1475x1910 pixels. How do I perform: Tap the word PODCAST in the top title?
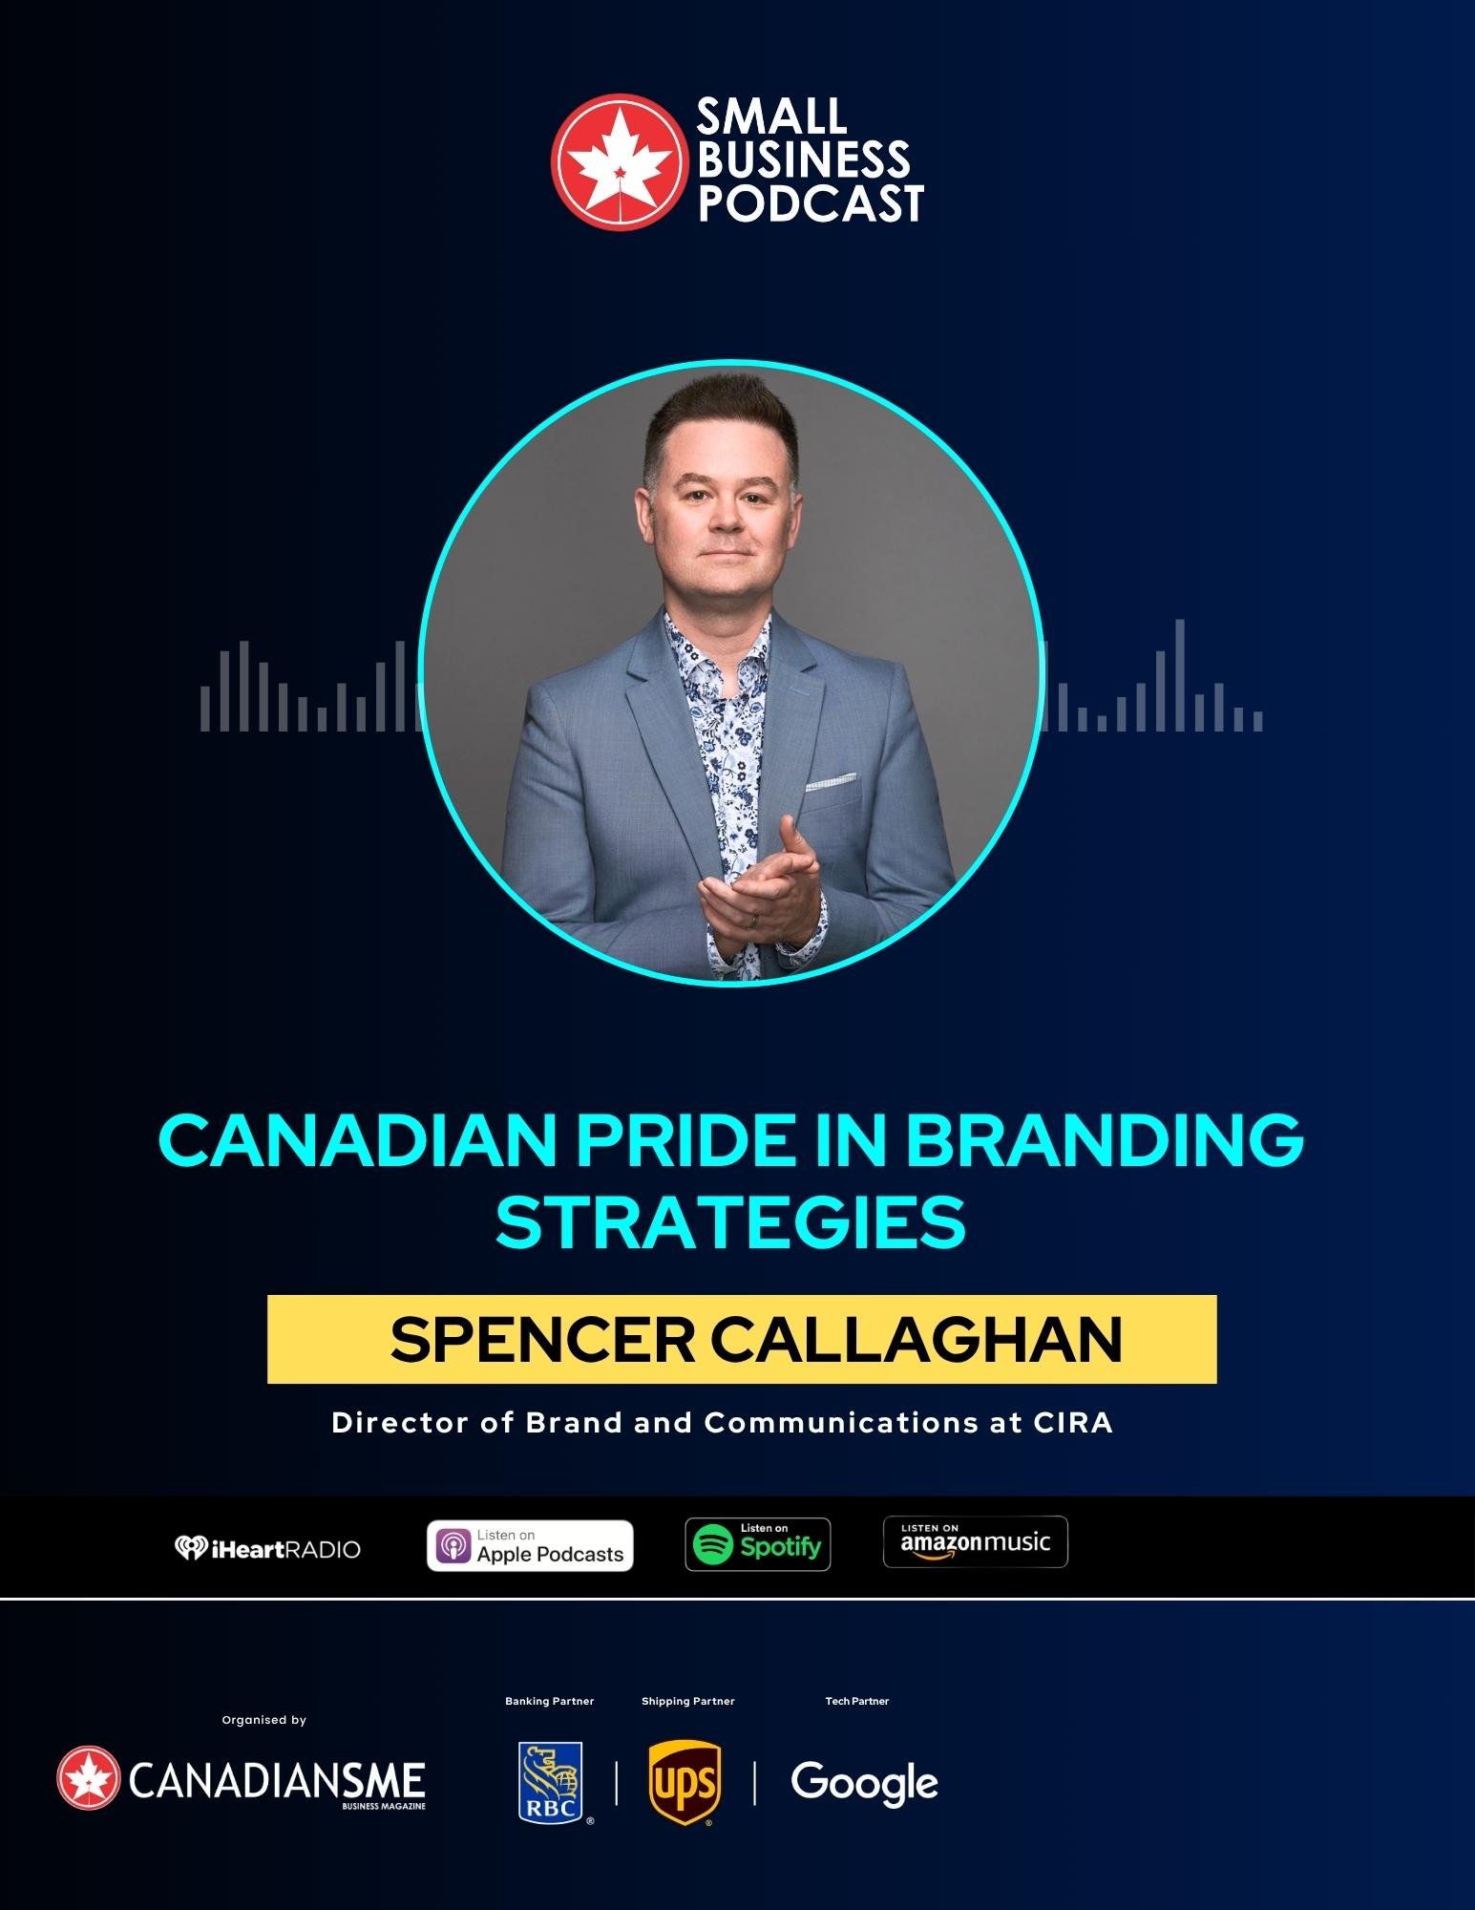click(811, 202)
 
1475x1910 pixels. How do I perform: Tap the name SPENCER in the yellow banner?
click(541, 1340)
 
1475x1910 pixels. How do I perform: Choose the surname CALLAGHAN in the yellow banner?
click(917, 1340)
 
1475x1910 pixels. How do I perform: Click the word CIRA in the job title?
click(1073, 1423)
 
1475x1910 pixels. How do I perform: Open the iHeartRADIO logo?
click(267, 1548)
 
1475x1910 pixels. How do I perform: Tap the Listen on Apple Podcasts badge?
click(530, 1545)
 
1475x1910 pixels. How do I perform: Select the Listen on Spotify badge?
click(758, 1544)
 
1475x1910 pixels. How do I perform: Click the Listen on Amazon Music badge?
click(976, 1541)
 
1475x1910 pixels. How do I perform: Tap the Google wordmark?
click(865, 1784)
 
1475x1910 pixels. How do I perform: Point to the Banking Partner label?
click(550, 1701)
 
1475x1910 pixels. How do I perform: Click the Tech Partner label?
click(857, 1701)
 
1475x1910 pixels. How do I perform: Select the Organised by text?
click(264, 1720)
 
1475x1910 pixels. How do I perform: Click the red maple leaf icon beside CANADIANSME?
click(89, 1777)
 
